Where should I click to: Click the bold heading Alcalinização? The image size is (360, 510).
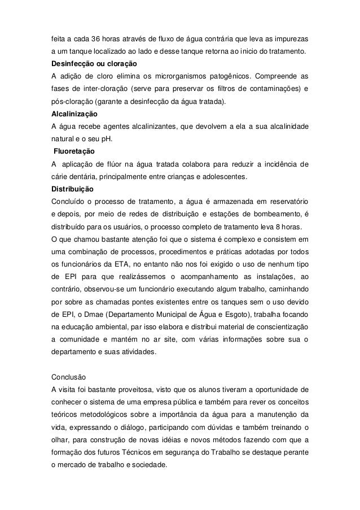point(74,114)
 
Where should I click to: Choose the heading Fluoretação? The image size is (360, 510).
point(74,152)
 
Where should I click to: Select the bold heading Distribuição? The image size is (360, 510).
point(73,189)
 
